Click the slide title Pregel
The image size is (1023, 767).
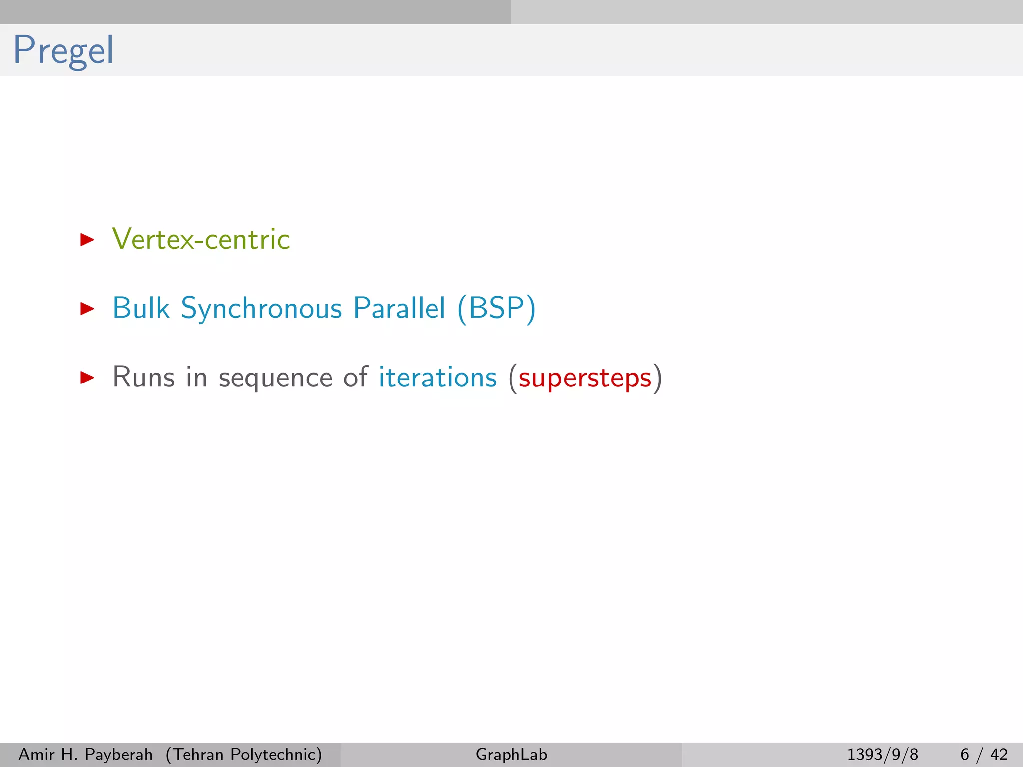coord(63,50)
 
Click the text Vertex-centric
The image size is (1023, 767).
coord(201,239)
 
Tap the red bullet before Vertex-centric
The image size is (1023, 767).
coord(87,240)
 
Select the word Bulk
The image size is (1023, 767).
coord(141,308)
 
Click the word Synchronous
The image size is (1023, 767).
coord(261,309)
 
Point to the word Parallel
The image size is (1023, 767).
coord(399,308)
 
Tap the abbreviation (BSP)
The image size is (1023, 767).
coord(497,308)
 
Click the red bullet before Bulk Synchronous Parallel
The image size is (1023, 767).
coord(87,308)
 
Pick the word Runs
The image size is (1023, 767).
coord(144,377)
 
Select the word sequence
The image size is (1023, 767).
coord(275,378)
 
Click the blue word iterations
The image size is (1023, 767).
coord(438,377)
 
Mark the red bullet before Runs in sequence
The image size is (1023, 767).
coord(87,377)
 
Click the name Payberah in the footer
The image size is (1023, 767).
coord(118,754)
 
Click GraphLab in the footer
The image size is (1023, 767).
coord(511,754)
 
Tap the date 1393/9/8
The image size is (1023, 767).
coord(882,754)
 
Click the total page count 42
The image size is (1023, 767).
coord(999,754)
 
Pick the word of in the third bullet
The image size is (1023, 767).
coord(355,377)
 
